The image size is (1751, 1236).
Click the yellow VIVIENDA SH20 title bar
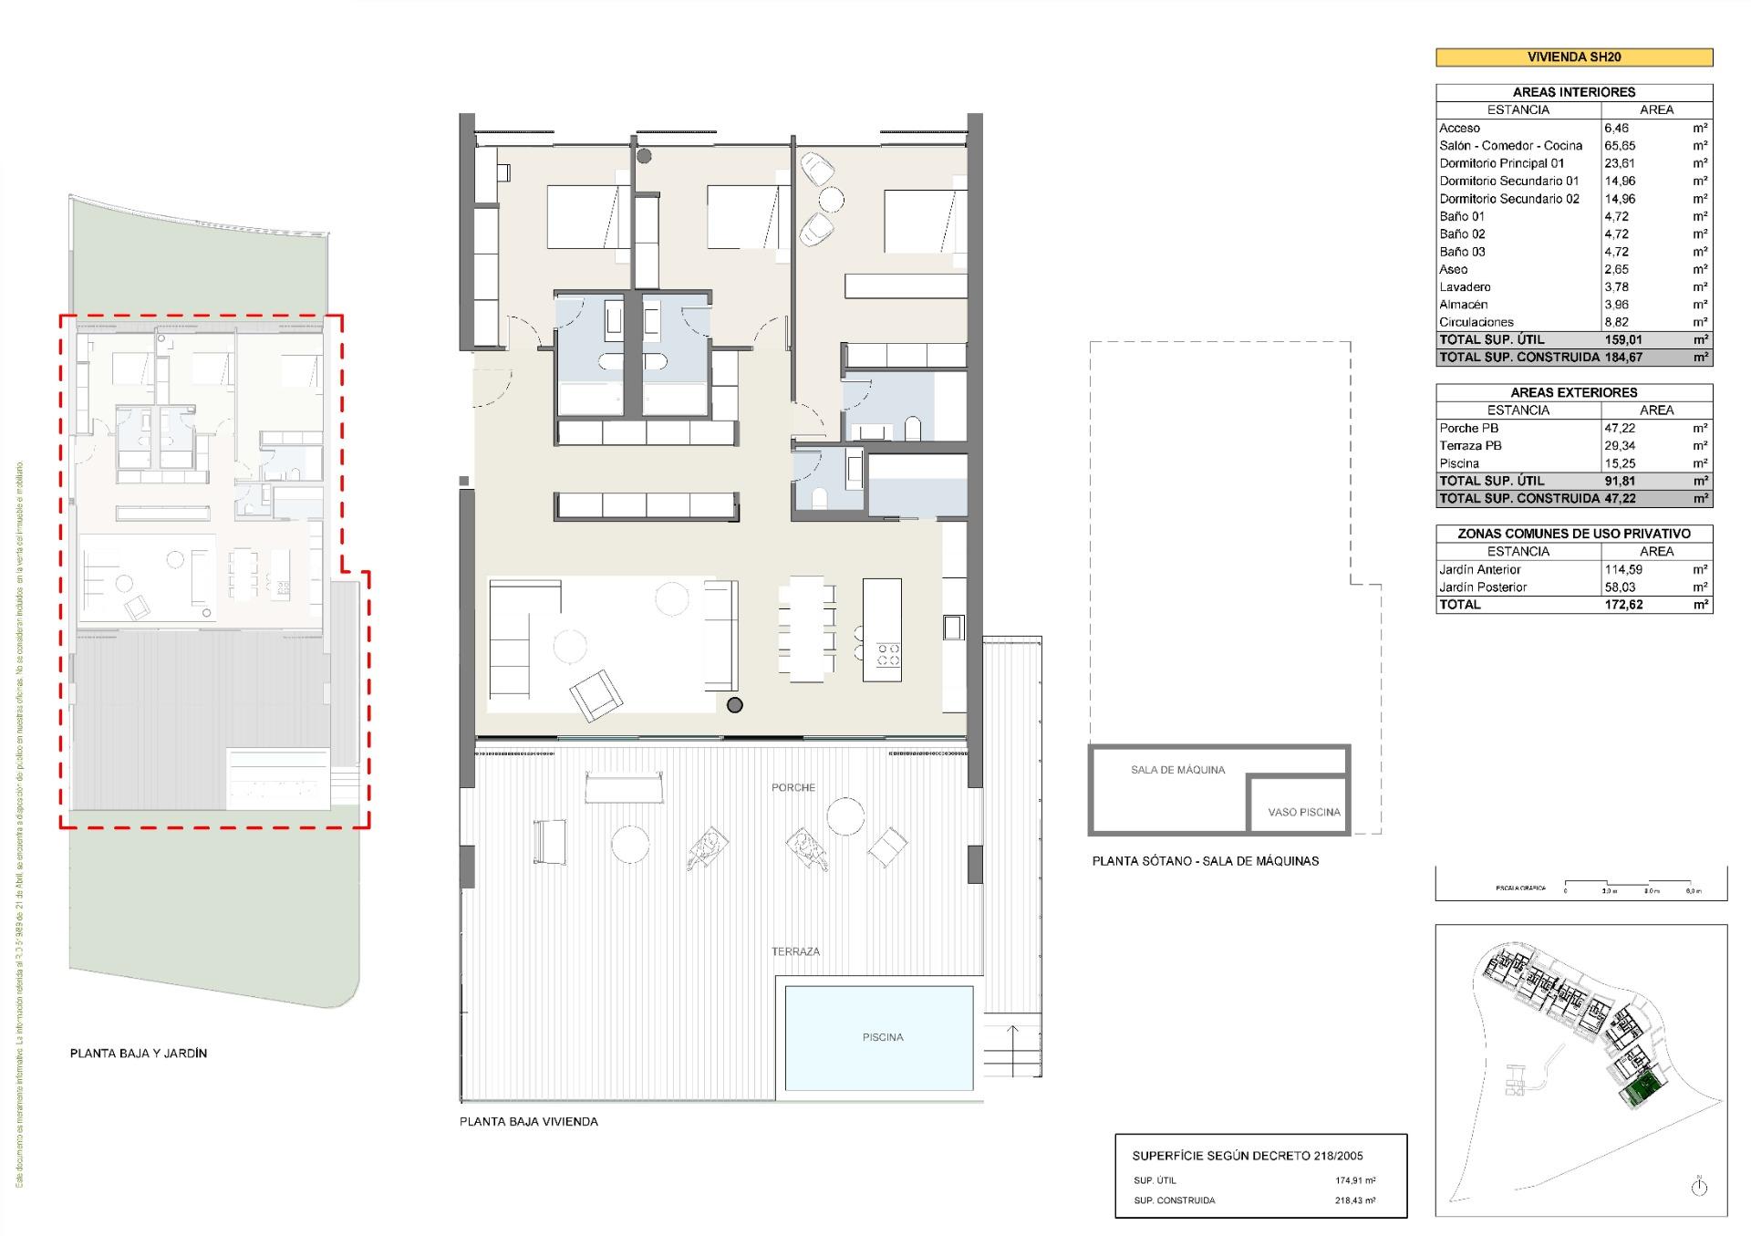pos(1574,57)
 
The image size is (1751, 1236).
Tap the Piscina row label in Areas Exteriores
pos(1459,463)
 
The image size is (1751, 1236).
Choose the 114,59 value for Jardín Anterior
pos(1623,569)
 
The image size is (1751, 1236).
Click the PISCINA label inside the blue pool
pos(883,1037)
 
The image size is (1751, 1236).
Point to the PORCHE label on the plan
pos(793,787)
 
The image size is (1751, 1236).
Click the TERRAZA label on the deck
pos(795,951)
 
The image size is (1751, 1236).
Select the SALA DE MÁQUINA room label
pos(1177,770)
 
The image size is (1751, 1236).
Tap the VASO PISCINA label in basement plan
pos(1304,812)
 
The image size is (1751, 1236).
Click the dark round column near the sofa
pos(735,704)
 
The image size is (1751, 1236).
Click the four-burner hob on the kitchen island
pos(888,653)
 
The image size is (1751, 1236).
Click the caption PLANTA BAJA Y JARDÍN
pos(139,1053)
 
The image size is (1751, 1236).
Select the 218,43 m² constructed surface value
pos(1355,1200)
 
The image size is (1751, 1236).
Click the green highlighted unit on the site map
pos(1643,1089)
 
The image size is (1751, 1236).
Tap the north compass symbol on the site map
pos(1698,1188)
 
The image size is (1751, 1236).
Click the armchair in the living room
pos(596,695)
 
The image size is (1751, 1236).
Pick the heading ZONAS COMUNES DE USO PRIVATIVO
pos(1574,534)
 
